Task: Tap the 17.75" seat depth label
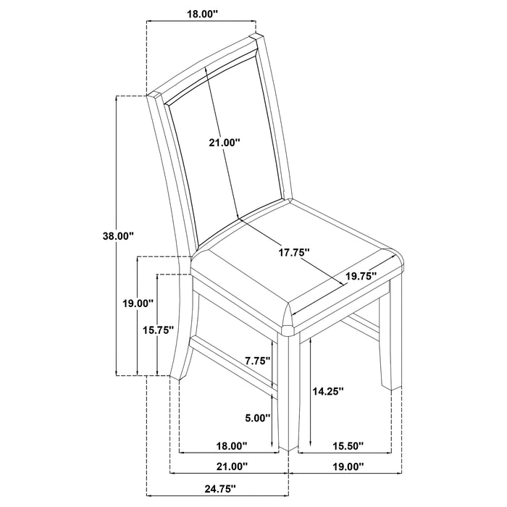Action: point(295,252)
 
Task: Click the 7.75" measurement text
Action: point(258,360)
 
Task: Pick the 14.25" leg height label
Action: point(327,390)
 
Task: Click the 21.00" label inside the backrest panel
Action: point(224,143)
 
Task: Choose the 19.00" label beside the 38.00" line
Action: point(138,304)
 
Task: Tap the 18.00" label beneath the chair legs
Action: point(232,445)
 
